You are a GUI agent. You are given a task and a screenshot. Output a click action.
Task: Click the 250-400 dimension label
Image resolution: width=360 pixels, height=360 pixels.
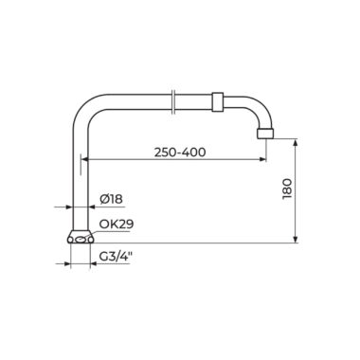coord(180,153)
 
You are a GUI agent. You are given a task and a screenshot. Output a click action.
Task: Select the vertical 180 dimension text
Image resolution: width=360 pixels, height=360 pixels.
coord(287,189)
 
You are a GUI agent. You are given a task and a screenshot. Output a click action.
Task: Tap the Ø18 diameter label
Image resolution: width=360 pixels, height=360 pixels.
coord(111,199)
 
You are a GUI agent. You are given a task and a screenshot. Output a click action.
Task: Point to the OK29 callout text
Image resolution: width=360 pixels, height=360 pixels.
coord(117,224)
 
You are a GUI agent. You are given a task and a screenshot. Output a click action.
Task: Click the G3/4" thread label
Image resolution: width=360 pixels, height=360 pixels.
coord(116,256)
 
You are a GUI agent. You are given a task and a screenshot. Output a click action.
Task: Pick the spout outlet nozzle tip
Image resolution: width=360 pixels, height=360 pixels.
coord(265,134)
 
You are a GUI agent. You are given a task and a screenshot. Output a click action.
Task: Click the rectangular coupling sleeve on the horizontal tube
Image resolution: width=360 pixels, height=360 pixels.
coord(217,102)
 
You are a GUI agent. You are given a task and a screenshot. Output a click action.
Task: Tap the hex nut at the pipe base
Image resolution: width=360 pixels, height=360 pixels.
coord(81,237)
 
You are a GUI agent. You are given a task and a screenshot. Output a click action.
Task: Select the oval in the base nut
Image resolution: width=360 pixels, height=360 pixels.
coord(81,240)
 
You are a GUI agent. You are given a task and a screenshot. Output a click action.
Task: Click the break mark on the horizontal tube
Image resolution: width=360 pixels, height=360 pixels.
coord(172,102)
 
